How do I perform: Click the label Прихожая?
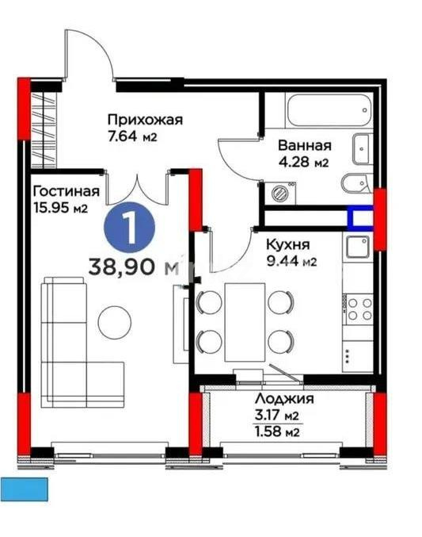(x=145, y=120)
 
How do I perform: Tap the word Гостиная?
(x=66, y=191)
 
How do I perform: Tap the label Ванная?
(x=303, y=145)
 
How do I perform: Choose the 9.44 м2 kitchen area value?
(x=291, y=262)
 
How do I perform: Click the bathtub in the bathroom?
(x=329, y=109)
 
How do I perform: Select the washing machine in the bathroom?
(x=279, y=191)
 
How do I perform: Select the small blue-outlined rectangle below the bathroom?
(x=360, y=217)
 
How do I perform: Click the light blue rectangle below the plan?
(x=25, y=489)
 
